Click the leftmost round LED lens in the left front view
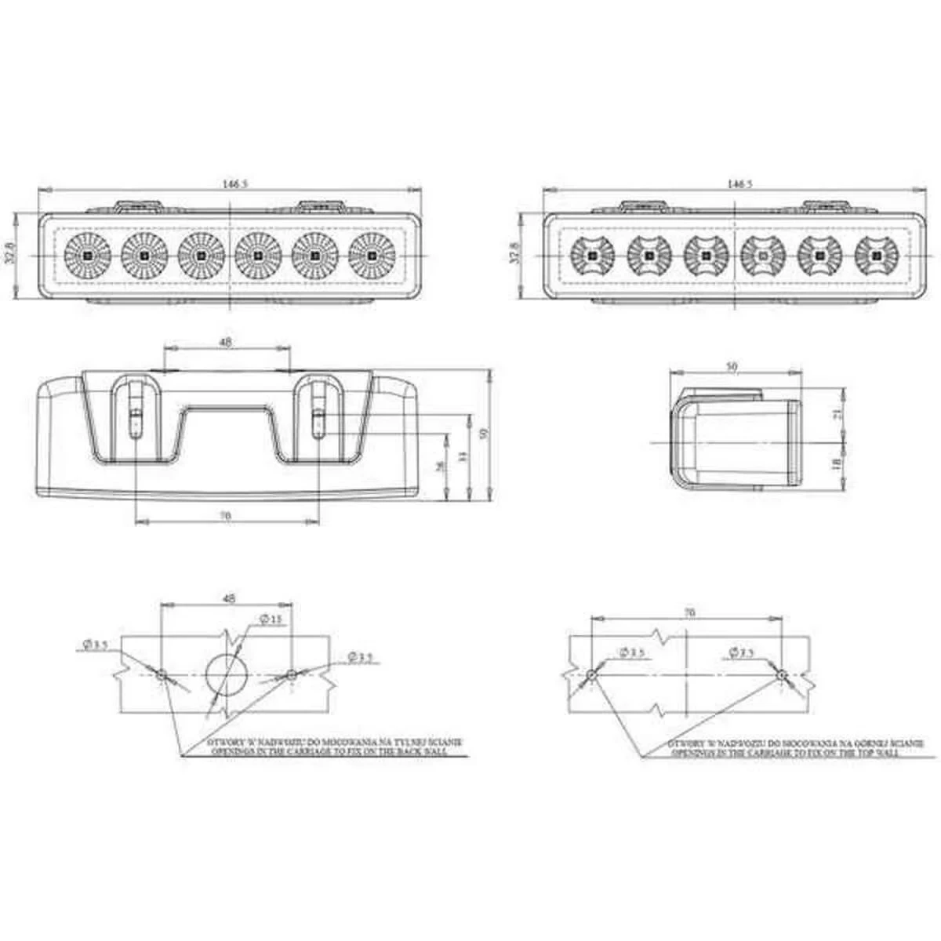click(x=86, y=255)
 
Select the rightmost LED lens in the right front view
click(x=876, y=255)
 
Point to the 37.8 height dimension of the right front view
click(x=515, y=255)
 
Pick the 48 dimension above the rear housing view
click(x=226, y=342)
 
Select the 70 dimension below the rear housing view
click(x=226, y=515)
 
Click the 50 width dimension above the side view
click(x=732, y=365)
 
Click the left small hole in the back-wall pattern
click(x=161, y=674)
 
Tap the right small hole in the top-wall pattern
click(x=781, y=674)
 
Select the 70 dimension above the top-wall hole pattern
click(x=689, y=612)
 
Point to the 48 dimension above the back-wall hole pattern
click(x=229, y=598)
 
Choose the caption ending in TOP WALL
click(x=784, y=747)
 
